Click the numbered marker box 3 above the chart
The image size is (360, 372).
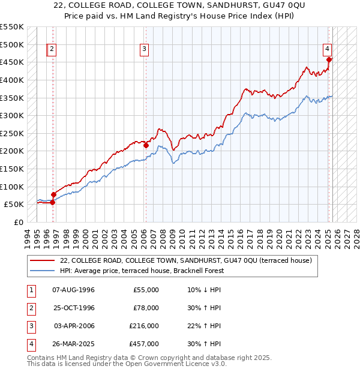145,50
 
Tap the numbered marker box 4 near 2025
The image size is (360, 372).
328,50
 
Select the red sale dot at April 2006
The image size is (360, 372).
146,145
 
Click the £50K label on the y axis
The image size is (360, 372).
14,204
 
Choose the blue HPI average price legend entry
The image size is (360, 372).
142,271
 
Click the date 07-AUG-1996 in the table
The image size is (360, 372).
74,290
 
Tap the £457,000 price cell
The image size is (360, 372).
145,344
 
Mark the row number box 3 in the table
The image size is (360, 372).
30,326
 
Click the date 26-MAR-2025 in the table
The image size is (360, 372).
74,344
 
